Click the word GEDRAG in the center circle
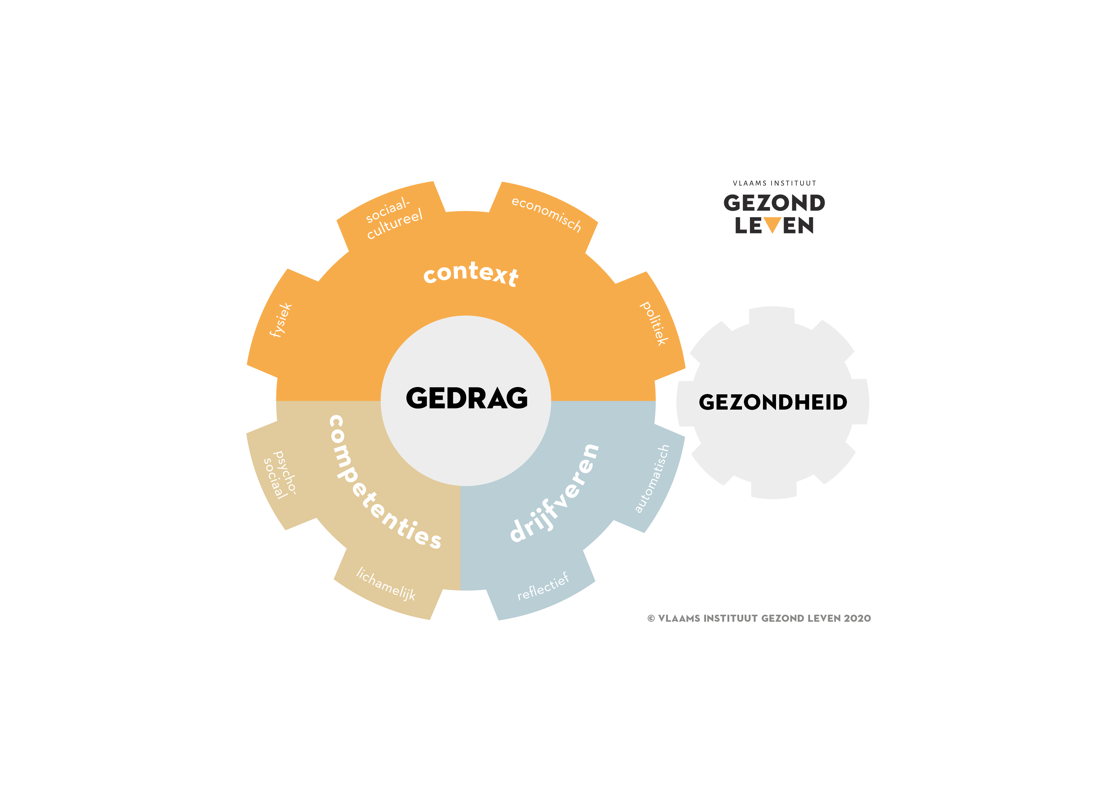point(466,398)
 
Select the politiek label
point(654,323)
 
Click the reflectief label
point(543,586)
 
